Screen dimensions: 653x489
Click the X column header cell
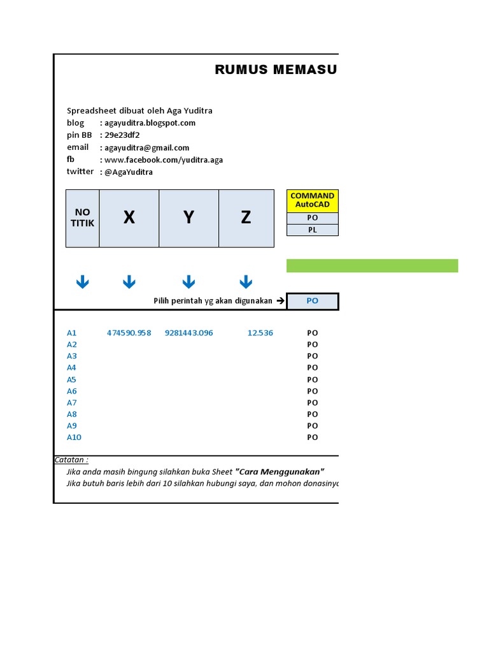(129, 218)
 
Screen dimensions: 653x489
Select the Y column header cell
(188, 218)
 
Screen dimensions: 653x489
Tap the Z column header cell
(246, 218)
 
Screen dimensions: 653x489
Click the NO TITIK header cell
(83, 218)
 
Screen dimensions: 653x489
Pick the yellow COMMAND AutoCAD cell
(313, 200)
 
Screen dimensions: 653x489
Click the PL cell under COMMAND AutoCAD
(313, 230)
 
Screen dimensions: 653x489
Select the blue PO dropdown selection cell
(313, 301)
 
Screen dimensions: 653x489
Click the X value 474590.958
(129, 333)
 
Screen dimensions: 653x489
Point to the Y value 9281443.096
(189, 333)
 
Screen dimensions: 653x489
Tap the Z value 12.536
(260, 333)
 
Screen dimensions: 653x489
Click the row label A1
(72, 333)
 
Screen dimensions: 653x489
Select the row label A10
(74, 437)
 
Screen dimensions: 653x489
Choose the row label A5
(72, 379)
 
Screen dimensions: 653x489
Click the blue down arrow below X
(129, 282)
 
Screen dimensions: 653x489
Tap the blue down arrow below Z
(246, 282)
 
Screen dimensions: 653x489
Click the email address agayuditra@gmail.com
(147, 147)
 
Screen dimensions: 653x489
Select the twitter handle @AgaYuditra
(129, 172)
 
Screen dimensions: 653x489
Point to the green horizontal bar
(372, 266)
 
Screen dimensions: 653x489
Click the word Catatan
(71, 460)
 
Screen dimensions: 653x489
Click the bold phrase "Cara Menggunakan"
(280, 472)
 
